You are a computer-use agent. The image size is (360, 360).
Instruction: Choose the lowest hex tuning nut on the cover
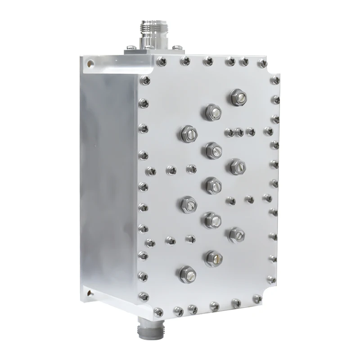[187, 272]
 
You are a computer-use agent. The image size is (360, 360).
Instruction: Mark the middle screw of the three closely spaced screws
[240, 132]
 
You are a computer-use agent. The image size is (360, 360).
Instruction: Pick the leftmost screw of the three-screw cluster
[229, 132]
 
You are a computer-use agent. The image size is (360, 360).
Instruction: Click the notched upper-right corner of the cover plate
[274, 67]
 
